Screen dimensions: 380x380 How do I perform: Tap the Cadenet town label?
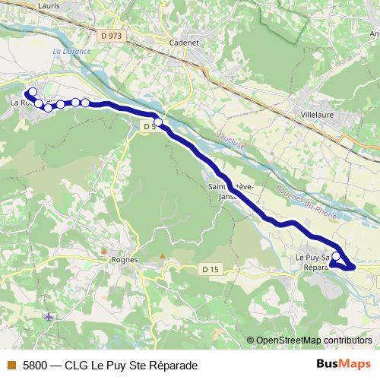coord(185,43)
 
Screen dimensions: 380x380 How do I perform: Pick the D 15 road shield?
coord(211,270)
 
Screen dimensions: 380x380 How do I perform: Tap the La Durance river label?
coord(72,52)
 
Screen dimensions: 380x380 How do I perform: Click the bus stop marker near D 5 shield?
coord(158,122)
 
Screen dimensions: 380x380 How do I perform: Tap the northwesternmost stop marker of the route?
coord(32,91)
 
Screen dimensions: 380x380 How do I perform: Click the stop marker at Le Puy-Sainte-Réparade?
coord(336,256)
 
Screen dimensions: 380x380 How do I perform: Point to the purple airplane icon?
coord(49,316)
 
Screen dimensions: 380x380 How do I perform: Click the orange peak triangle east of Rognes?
coord(163,256)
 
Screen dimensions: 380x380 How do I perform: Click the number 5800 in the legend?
coord(35,366)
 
